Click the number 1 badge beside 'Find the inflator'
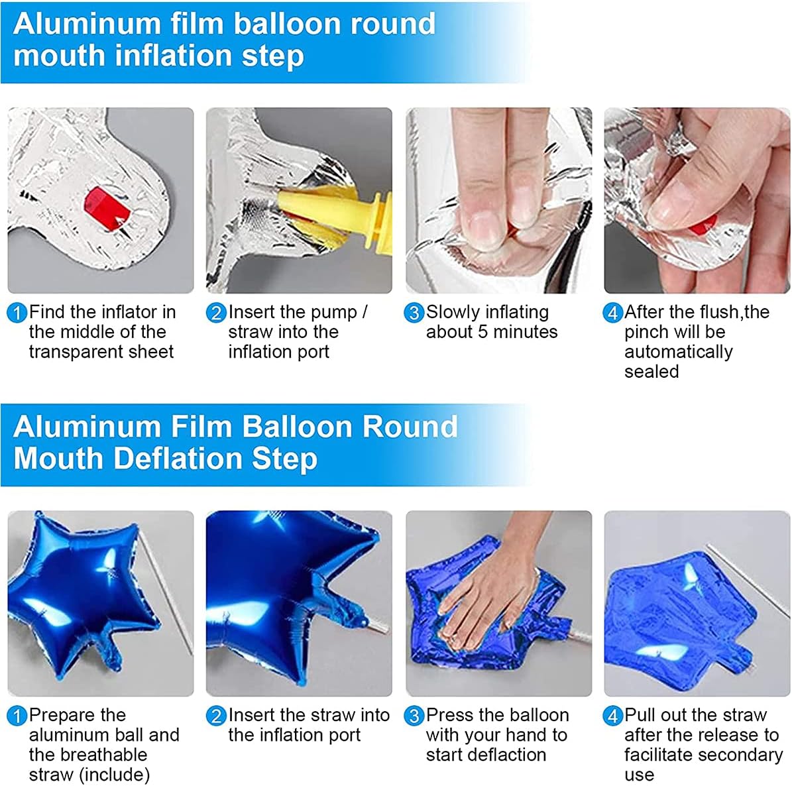point(17,313)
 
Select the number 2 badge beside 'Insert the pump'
point(215,313)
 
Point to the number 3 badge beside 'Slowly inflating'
point(414,313)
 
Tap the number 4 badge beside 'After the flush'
point(612,313)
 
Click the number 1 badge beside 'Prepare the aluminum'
point(17,716)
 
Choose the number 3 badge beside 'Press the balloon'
point(414,716)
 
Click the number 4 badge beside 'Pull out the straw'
point(612,716)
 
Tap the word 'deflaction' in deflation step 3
point(486,756)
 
